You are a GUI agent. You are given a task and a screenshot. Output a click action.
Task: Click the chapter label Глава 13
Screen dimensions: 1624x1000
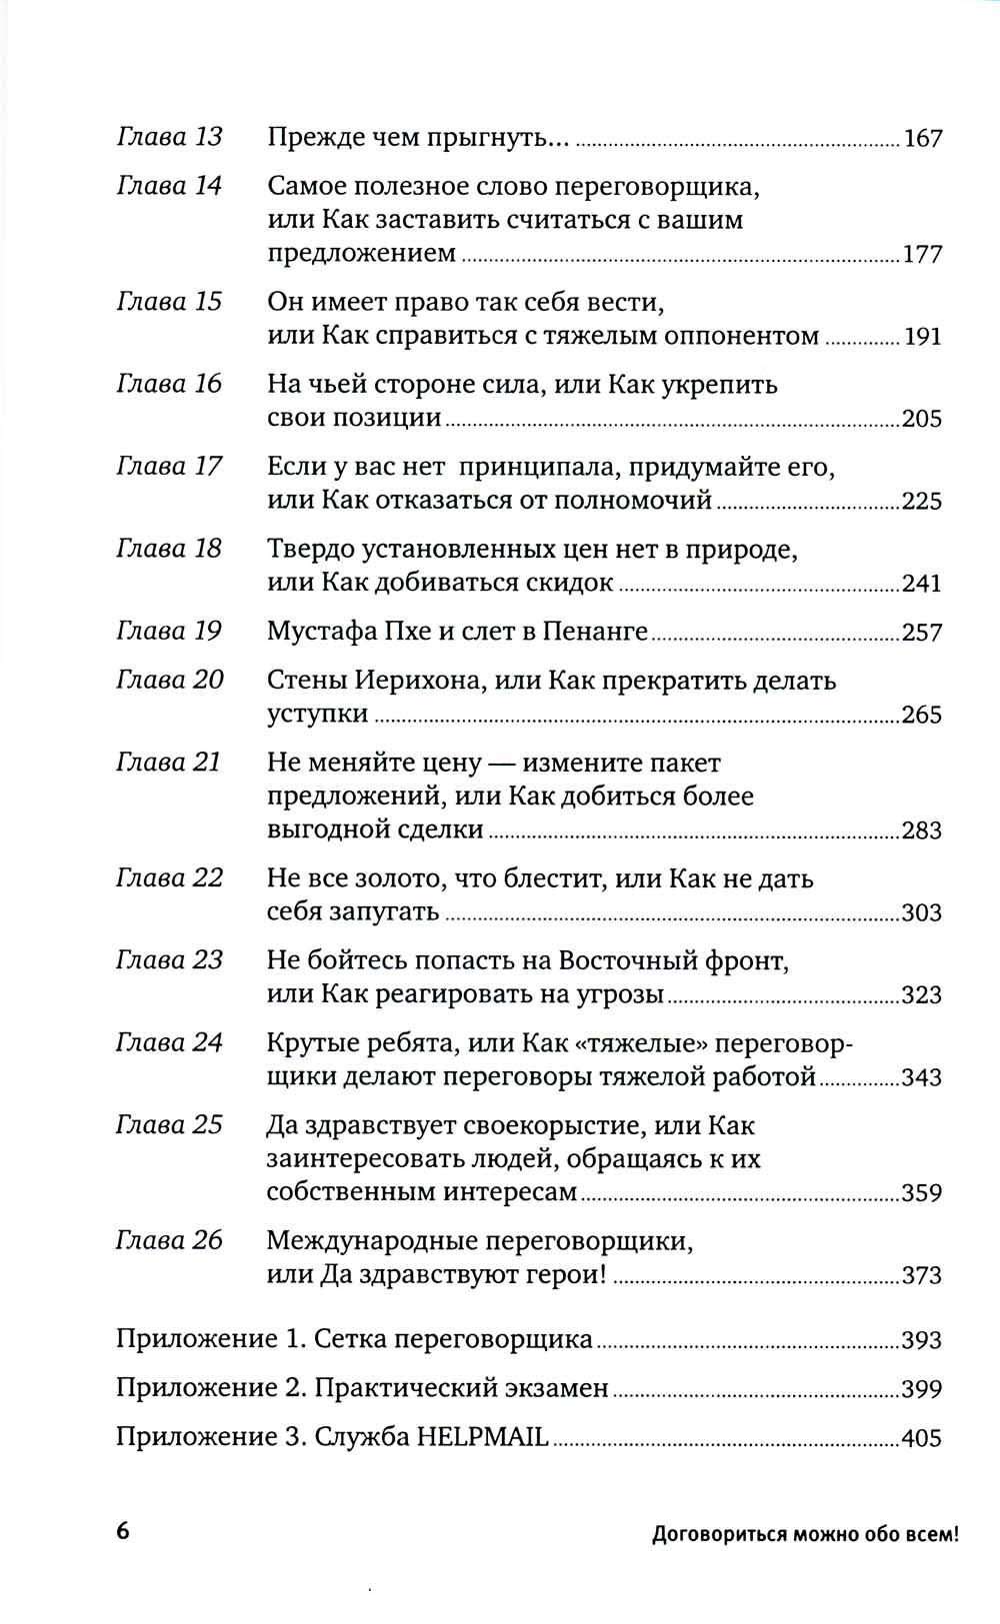click(169, 137)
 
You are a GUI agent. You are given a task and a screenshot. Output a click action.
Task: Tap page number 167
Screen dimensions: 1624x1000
click(922, 139)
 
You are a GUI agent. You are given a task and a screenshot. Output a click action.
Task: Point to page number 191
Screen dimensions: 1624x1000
click(922, 337)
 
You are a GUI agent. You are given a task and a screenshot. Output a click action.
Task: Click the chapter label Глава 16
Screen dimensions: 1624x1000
click(169, 384)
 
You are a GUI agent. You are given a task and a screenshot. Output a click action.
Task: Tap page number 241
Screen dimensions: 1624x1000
click(922, 584)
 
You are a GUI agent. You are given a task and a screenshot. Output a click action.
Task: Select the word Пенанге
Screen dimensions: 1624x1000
click(595, 632)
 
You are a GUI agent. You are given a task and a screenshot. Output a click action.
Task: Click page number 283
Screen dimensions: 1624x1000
click(922, 830)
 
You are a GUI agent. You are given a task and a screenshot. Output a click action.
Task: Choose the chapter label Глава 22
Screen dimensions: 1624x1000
click(169, 878)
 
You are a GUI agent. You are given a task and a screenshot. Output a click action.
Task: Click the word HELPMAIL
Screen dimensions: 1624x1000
click(483, 1438)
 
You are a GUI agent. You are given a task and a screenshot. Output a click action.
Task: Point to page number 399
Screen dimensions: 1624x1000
click(922, 1389)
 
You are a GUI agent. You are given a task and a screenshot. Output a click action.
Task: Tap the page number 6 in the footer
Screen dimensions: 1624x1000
click(123, 1532)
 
